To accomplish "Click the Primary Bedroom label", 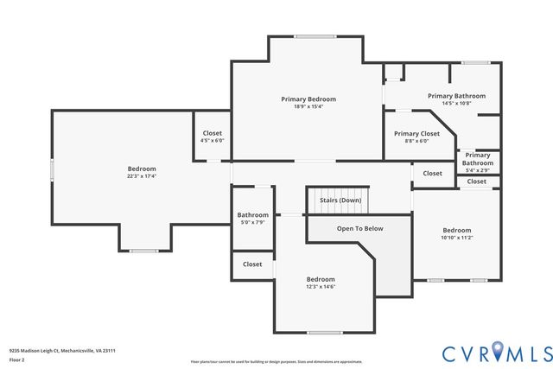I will point(308,99).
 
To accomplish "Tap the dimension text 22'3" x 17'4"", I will point(142,176).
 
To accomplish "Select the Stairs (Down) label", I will point(340,200).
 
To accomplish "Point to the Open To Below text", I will point(360,229).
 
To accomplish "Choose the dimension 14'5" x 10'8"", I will point(456,104).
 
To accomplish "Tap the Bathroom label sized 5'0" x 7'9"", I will point(253,215).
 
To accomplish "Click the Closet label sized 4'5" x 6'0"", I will point(212,134).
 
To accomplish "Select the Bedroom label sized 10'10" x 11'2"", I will point(456,230).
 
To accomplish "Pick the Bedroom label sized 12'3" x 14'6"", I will point(321,279).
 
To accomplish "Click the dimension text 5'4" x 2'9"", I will point(477,170).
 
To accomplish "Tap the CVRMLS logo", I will point(497,353).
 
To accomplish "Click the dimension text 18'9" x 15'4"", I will point(308,106).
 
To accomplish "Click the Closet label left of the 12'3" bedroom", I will point(252,264).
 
